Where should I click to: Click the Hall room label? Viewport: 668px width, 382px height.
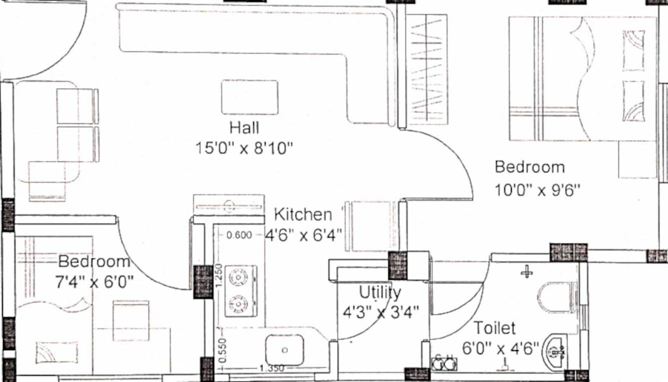point(244,128)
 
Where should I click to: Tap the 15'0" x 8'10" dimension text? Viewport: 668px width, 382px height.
point(244,148)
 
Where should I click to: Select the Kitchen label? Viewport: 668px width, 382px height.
point(302,215)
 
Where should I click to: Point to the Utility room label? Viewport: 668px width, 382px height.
point(380,292)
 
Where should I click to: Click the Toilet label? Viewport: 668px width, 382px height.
point(494,328)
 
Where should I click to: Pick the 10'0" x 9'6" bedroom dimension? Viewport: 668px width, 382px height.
point(537,190)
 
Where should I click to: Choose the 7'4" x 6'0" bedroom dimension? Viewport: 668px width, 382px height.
point(94,282)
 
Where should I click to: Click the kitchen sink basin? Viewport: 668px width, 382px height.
point(284,350)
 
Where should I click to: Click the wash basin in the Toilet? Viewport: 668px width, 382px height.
point(556,352)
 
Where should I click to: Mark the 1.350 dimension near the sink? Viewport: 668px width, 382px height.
point(272,369)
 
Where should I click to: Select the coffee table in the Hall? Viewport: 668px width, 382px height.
point(250,97)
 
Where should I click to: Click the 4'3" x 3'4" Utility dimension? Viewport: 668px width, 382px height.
point(380,312)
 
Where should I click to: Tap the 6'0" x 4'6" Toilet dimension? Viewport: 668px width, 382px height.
point(500,348)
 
